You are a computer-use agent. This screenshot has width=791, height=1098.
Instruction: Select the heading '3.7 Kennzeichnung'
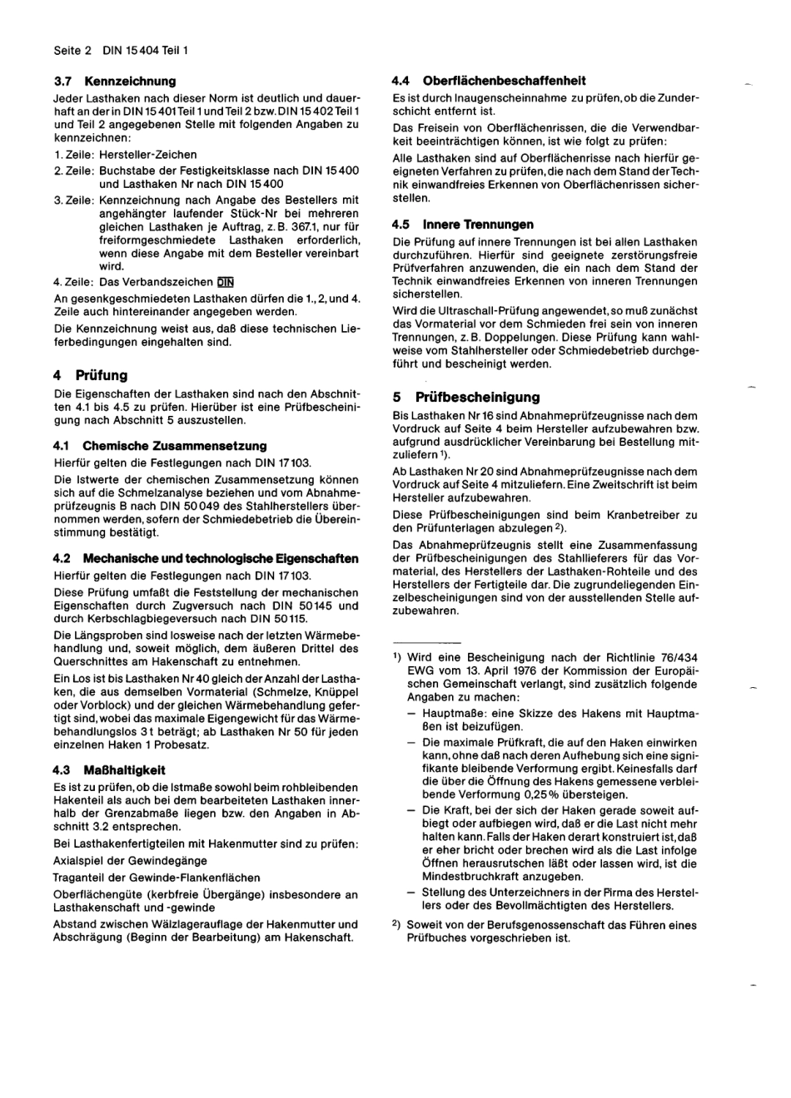[115, 81]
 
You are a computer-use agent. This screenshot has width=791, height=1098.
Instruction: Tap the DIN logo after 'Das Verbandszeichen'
[226, 281]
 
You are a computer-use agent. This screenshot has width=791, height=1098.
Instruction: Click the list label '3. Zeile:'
[74, 200]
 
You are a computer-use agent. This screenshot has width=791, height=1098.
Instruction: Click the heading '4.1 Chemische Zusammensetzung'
[160, 446]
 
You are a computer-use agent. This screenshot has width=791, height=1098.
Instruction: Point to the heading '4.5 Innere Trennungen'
[463, 225]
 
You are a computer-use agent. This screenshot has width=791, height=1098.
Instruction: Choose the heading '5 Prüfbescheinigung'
[466, 397]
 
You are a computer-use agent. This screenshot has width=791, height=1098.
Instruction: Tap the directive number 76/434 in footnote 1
[676, 657]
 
